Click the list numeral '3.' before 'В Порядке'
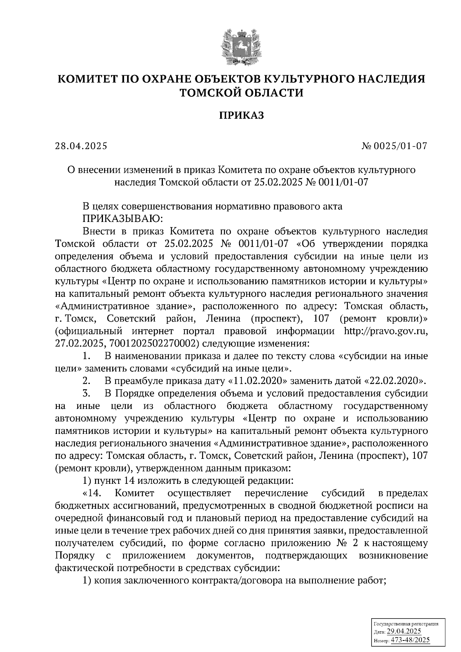(x=86, y=394)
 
